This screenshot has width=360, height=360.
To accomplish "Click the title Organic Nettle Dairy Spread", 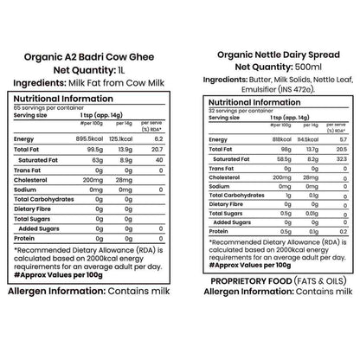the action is point(272,55).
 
